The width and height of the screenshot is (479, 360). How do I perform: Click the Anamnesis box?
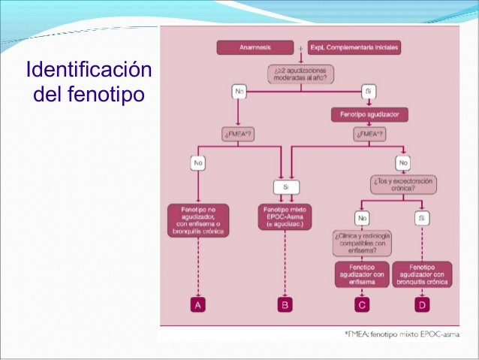tap(255, 47)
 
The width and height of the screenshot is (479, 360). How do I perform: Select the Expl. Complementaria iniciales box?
tap(355, 47)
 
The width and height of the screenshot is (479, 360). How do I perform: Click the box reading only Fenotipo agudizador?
tap(369, 115)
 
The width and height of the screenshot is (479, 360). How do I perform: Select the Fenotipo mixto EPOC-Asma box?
tap(285, 216)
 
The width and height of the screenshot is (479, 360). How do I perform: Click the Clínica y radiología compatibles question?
tap(363, 245)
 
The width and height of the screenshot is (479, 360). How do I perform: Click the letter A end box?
tap(199, 305)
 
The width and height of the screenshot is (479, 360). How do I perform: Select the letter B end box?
tap(285, 305)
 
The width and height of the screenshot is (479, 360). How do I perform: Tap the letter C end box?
tap(363, 305)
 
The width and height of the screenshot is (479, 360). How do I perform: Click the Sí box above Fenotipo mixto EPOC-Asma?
tap(285, 186)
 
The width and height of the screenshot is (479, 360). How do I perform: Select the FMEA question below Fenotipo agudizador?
tap(369, 135)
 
